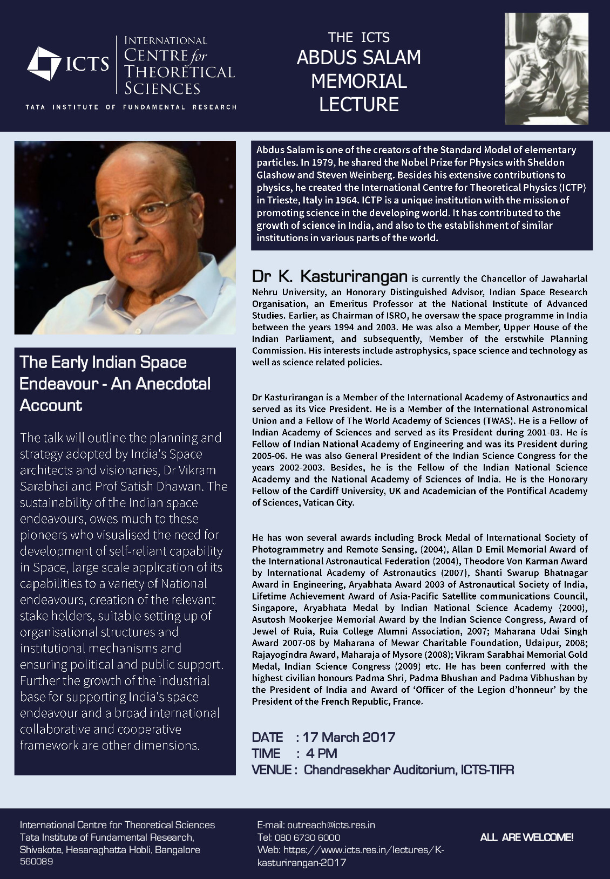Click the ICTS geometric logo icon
tap(44, 64)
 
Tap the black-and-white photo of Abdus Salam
tap(546, 69)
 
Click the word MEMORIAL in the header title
tap(358, 81)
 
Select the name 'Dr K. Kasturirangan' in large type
tap(329, 277)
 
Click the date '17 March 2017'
tap(349, 737)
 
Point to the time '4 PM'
tap(321, 753)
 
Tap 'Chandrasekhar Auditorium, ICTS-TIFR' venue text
tap(409, 769)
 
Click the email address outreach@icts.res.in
tap(331, 825)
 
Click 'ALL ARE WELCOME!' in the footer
tap(526, 837)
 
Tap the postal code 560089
tap(36, 862)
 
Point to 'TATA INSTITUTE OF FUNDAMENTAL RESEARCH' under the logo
tap(131, 107)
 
